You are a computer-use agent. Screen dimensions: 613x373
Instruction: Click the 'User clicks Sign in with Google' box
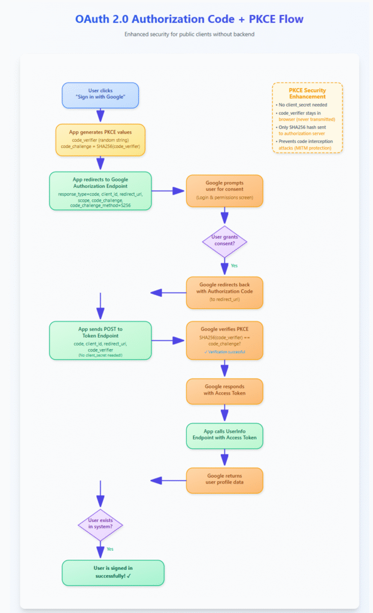(101, 95)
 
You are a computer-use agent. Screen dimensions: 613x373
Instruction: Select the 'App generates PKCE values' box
(101, 139)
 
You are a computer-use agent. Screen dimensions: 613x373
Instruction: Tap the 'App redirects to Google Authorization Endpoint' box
(101, 190)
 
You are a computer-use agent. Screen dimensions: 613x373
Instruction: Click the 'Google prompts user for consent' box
(225, 190)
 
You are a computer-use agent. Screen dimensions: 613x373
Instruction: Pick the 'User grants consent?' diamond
(225, 241)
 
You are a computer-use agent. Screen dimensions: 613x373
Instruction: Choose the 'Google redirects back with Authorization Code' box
(225, 292)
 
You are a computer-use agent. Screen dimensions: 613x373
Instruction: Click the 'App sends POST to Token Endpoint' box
(101, 340)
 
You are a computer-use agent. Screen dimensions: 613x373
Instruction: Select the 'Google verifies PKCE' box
(225, 340)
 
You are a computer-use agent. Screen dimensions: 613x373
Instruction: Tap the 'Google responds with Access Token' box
(225, 391)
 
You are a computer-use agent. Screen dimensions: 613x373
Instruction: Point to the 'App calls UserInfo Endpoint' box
(225, 435)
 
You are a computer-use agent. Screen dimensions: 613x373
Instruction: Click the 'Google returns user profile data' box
(225, 480)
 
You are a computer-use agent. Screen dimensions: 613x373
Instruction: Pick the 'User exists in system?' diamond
(101, 525)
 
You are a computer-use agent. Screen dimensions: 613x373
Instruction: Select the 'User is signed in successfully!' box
(113, 572)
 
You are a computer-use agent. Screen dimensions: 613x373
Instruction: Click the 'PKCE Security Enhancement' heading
(307, 93)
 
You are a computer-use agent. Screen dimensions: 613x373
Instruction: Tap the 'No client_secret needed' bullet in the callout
(303, 105)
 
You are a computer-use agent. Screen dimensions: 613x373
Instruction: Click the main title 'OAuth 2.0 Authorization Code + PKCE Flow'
(186, 19)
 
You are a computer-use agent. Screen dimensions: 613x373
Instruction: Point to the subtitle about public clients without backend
(186, 34)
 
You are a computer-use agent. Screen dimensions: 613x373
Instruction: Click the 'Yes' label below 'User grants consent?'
(235, 266)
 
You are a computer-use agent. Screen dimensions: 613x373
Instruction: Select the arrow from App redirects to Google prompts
(168, 190)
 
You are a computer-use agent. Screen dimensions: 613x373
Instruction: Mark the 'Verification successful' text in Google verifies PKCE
(225, 353)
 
